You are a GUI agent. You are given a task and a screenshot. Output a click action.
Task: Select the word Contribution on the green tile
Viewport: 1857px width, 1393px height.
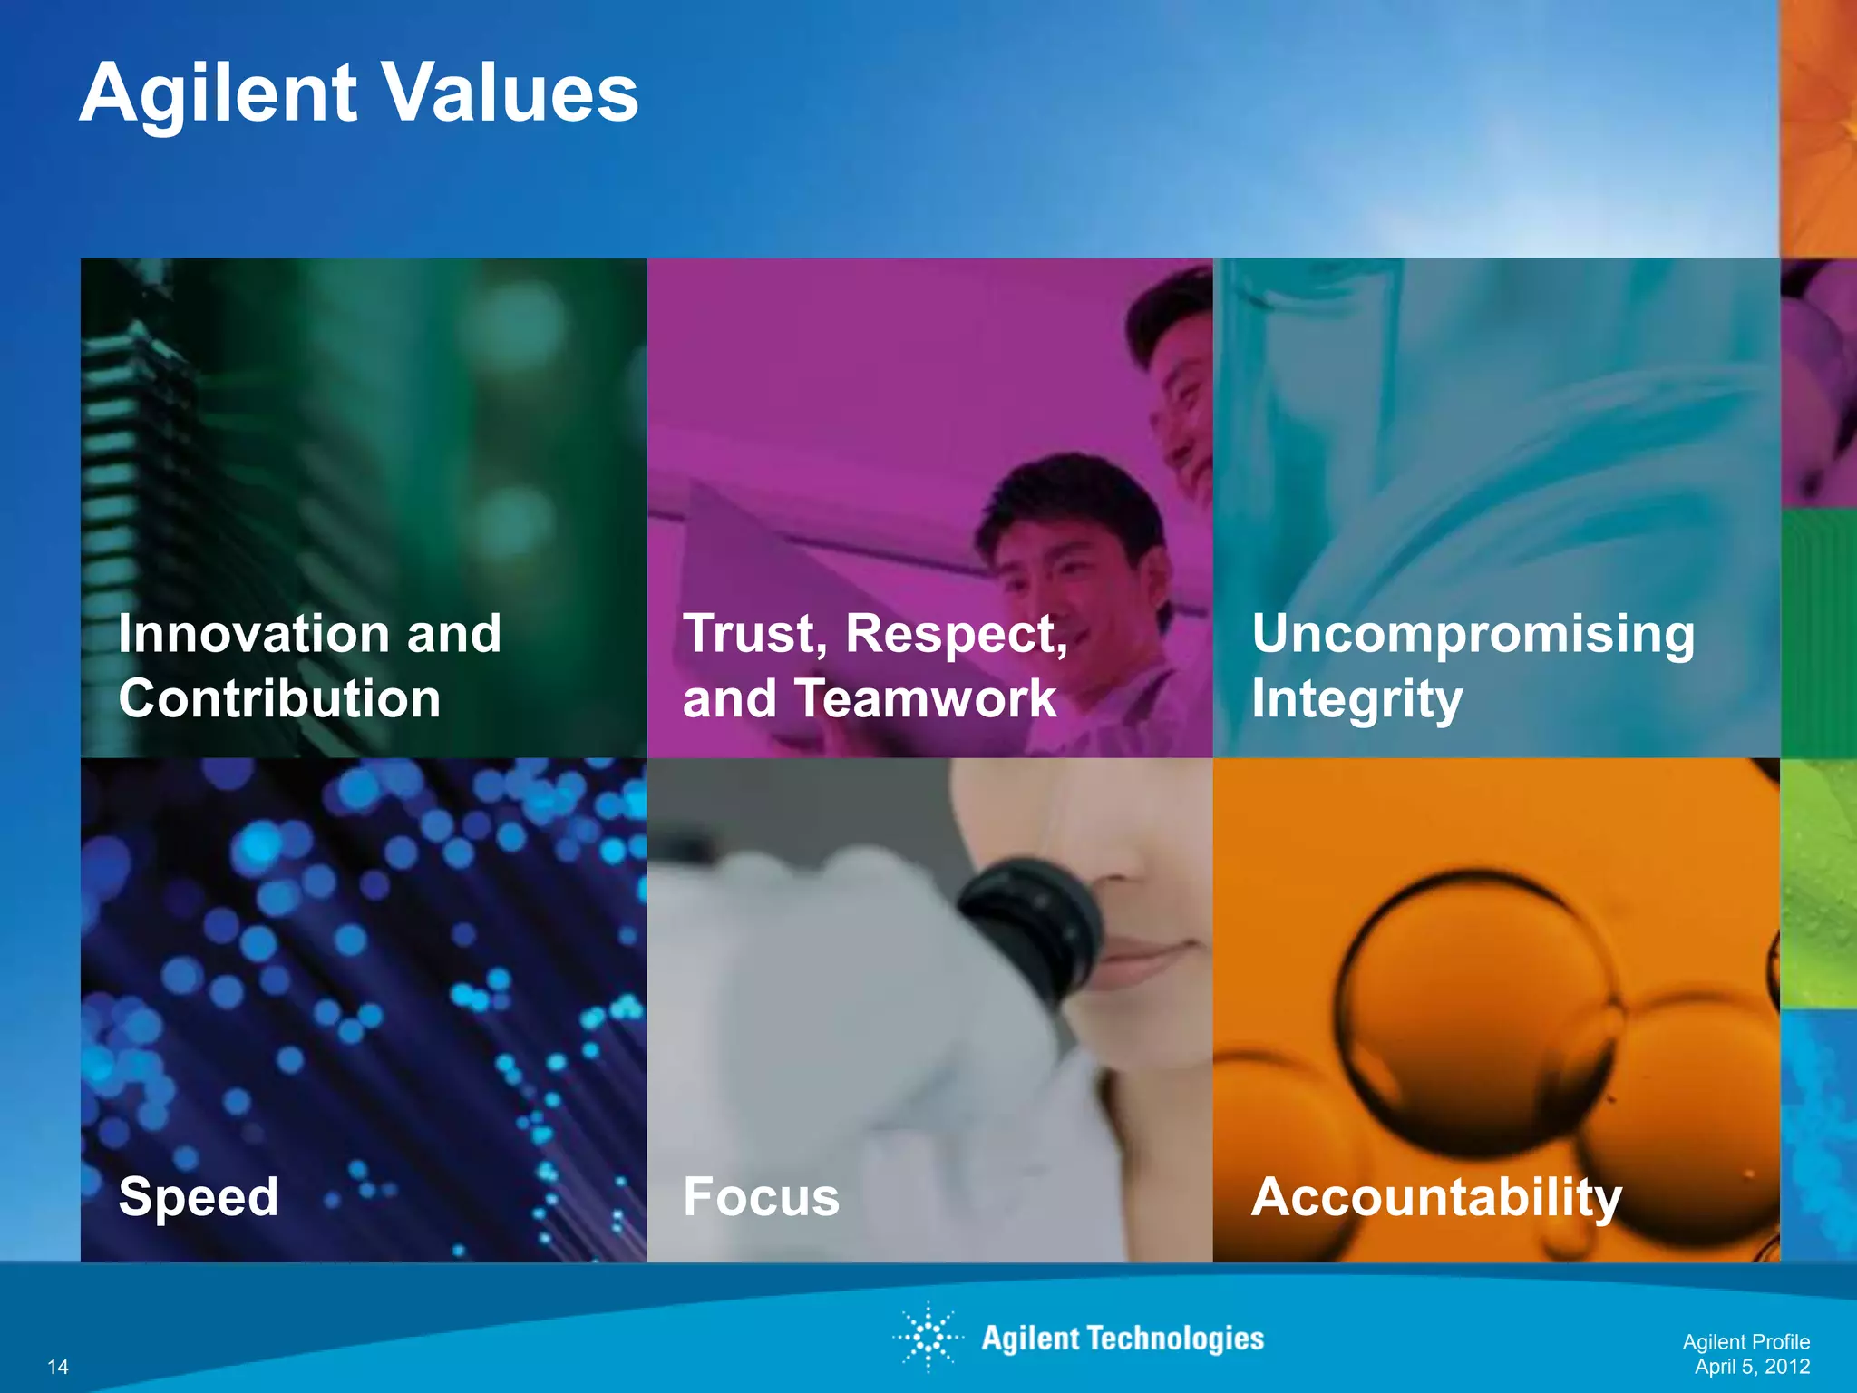279,699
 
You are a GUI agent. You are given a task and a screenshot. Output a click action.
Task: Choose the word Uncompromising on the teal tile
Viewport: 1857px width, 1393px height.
1473,633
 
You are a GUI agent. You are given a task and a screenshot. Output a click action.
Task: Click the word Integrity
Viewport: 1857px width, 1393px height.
1356,700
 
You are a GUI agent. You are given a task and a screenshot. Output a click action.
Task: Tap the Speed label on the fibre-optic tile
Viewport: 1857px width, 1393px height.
199,1196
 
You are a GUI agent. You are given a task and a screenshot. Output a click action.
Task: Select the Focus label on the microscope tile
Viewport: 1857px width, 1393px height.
761,1196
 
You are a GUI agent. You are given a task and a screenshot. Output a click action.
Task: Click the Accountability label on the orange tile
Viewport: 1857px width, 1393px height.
1436,1197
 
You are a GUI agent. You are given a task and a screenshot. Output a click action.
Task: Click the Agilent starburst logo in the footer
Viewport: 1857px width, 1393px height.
928,1337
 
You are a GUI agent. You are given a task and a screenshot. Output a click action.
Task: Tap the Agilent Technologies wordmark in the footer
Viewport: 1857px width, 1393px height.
1123,1339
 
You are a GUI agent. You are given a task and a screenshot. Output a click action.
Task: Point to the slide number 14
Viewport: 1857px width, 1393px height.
58,1367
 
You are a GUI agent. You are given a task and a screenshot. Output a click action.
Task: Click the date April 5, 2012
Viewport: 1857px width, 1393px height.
1752,1367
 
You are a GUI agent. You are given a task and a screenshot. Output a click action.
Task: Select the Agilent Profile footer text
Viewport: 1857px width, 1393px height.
1745,1342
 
